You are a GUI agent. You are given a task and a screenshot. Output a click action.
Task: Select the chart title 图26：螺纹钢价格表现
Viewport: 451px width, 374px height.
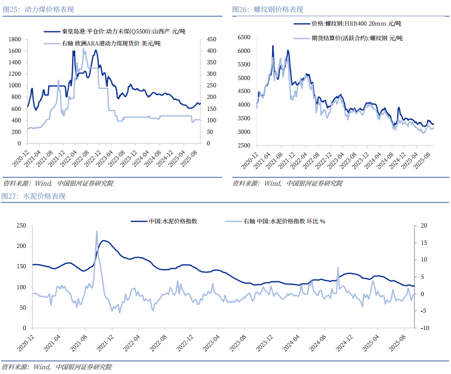pos(267,9)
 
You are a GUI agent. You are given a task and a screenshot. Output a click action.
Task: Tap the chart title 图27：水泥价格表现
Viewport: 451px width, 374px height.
pos(33,196)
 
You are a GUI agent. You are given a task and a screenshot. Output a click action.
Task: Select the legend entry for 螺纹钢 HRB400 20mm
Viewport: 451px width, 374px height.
pos(356,24)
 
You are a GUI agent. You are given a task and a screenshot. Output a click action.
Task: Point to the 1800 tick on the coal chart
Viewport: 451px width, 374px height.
pos(15,39)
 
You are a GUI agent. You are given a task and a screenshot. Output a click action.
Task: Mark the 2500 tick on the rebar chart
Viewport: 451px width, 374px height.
pos(244,145)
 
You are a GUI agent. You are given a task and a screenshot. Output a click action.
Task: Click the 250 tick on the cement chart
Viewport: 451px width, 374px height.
pos(21,225)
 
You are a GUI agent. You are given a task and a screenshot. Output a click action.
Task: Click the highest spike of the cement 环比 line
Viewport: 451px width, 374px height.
pos(97,231)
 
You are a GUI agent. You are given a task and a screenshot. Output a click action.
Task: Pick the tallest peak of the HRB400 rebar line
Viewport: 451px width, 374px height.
pos(273,46)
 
